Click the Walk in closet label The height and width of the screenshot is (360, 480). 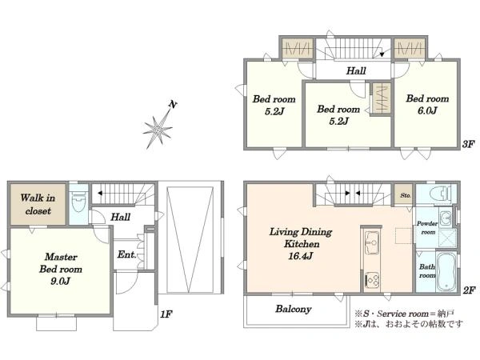[38, 204]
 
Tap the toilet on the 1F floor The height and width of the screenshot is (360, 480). [79, 202]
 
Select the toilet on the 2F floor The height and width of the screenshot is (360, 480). [439, 194]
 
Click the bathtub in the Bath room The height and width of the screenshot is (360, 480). [446, 272]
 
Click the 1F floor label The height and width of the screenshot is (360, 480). [166, 314]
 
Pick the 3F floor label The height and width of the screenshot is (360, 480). [468, 144]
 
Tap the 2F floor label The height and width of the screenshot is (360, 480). [469, 290]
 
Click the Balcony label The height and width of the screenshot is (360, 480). [294, 309]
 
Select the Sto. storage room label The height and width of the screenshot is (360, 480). [406, 195]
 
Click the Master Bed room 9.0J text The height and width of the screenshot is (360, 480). [61, 269]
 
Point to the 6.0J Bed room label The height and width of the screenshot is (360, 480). [427, 104]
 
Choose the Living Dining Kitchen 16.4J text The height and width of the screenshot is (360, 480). [301, 244]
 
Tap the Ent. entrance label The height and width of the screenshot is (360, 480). [126, 254]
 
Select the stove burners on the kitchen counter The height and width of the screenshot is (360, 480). [372, 279]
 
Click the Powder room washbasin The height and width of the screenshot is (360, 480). [446, 218]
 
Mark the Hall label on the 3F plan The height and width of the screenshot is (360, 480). [356, 71]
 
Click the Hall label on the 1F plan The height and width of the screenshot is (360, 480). [120, 218]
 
